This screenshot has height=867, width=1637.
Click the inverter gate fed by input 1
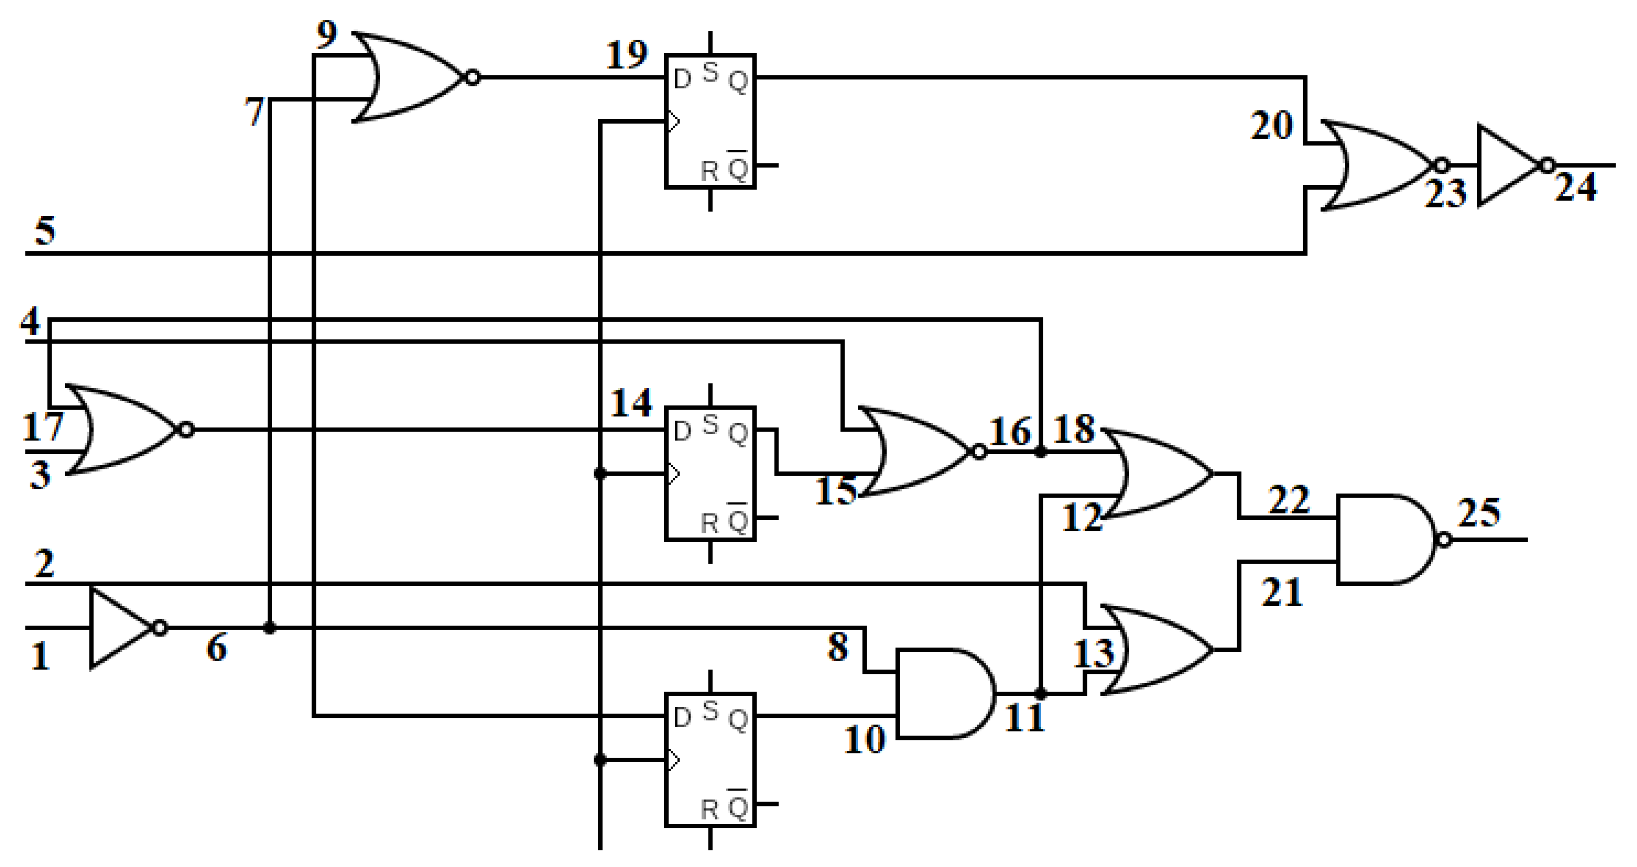121,628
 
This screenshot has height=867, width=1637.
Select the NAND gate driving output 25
1385,539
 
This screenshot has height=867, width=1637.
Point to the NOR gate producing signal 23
1379,166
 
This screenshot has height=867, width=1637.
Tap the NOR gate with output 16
915,451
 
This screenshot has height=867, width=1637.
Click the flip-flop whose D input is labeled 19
710,121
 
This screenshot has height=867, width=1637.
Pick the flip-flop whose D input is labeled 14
710,474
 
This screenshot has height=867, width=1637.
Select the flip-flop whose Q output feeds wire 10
710,760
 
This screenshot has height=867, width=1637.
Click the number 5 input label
45,230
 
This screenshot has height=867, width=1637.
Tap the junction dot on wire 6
269,628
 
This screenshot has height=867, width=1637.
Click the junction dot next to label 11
1040,694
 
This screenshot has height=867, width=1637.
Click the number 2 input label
43,563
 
